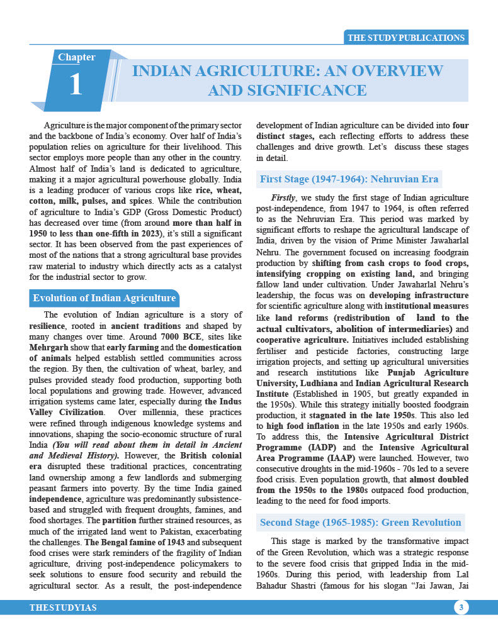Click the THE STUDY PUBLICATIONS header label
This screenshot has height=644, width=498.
[406, 38]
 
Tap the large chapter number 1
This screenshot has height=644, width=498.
[76, 85]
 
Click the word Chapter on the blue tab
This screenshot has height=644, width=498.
[77, 57]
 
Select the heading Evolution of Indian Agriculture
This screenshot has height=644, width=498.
[105, 298]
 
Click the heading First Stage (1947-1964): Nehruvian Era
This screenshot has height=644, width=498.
[349, 179]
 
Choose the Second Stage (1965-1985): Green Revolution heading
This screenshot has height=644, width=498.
[360, 523]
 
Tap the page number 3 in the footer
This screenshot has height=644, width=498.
[461, 608]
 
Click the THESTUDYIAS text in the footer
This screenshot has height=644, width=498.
[63, 608]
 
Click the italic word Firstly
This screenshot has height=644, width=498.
[283, 197]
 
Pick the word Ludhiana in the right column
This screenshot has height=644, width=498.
[315, 383]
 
